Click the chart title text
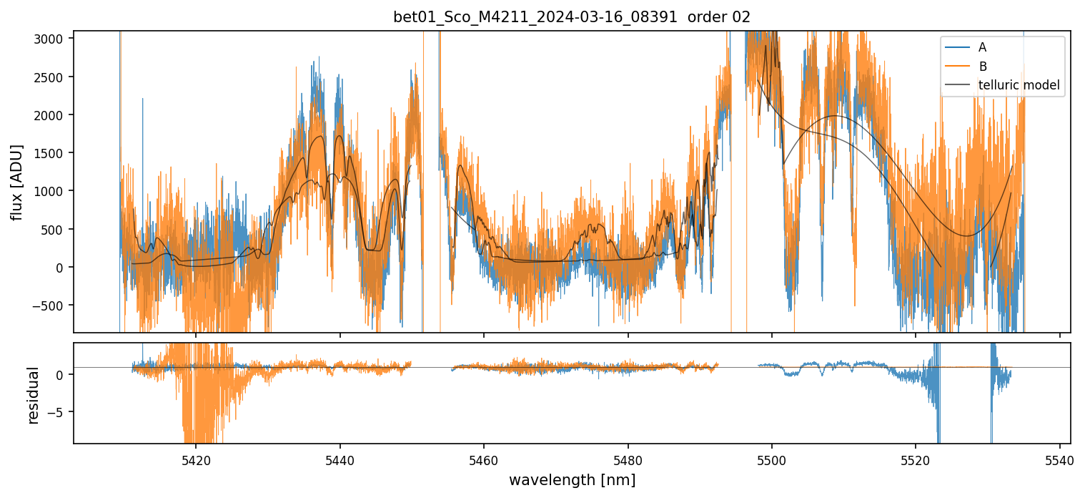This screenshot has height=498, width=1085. [572, 17]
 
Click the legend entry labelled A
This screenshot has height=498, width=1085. [982, 47]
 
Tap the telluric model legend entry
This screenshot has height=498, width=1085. [1019, 86]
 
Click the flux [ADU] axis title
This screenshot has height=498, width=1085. [16, 182]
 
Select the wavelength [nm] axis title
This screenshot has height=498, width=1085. [572, 480]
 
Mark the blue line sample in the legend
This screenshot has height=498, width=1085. [957, 47]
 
